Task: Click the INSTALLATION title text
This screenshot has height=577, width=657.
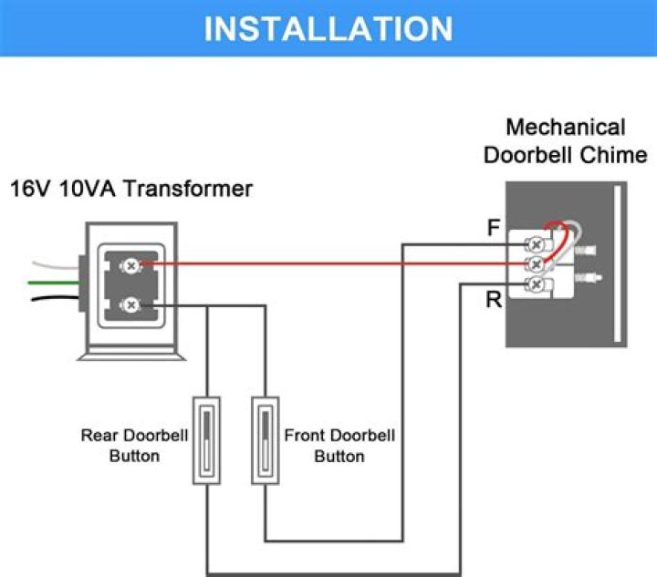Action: pyautogui.click(x=328, y=28)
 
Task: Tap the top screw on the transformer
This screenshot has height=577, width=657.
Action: pyautogui.click(x=131, y=264)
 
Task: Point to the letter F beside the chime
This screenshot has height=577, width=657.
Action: pyautogui.click(x=494, y=229)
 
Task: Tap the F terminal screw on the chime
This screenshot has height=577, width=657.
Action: pyautogui.click(x=537, y=244)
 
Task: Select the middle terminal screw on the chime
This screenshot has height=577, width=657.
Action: pyautogui.click(x=537, y=264)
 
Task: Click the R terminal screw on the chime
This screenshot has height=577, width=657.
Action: pyautogui.click(x=537, y=285)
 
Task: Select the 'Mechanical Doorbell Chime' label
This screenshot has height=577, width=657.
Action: pyautogui.click(x=565, y=140)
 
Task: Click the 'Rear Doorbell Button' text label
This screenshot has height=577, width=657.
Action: pyautogui.click(x=134, y=446)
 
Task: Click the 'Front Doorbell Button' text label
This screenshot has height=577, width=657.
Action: pyautogui.click(x=339, y=446)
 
